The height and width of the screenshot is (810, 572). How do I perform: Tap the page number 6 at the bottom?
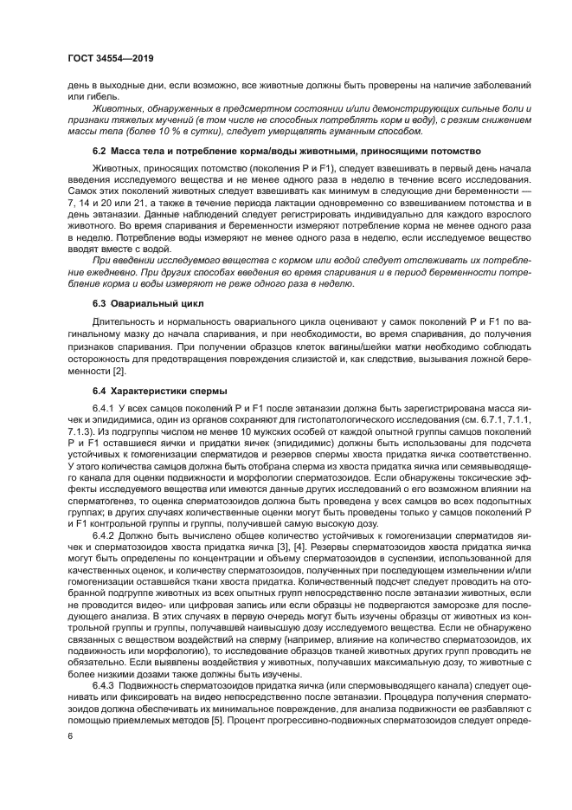point(71,735)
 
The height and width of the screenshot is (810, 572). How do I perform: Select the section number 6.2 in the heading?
point(100,152)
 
